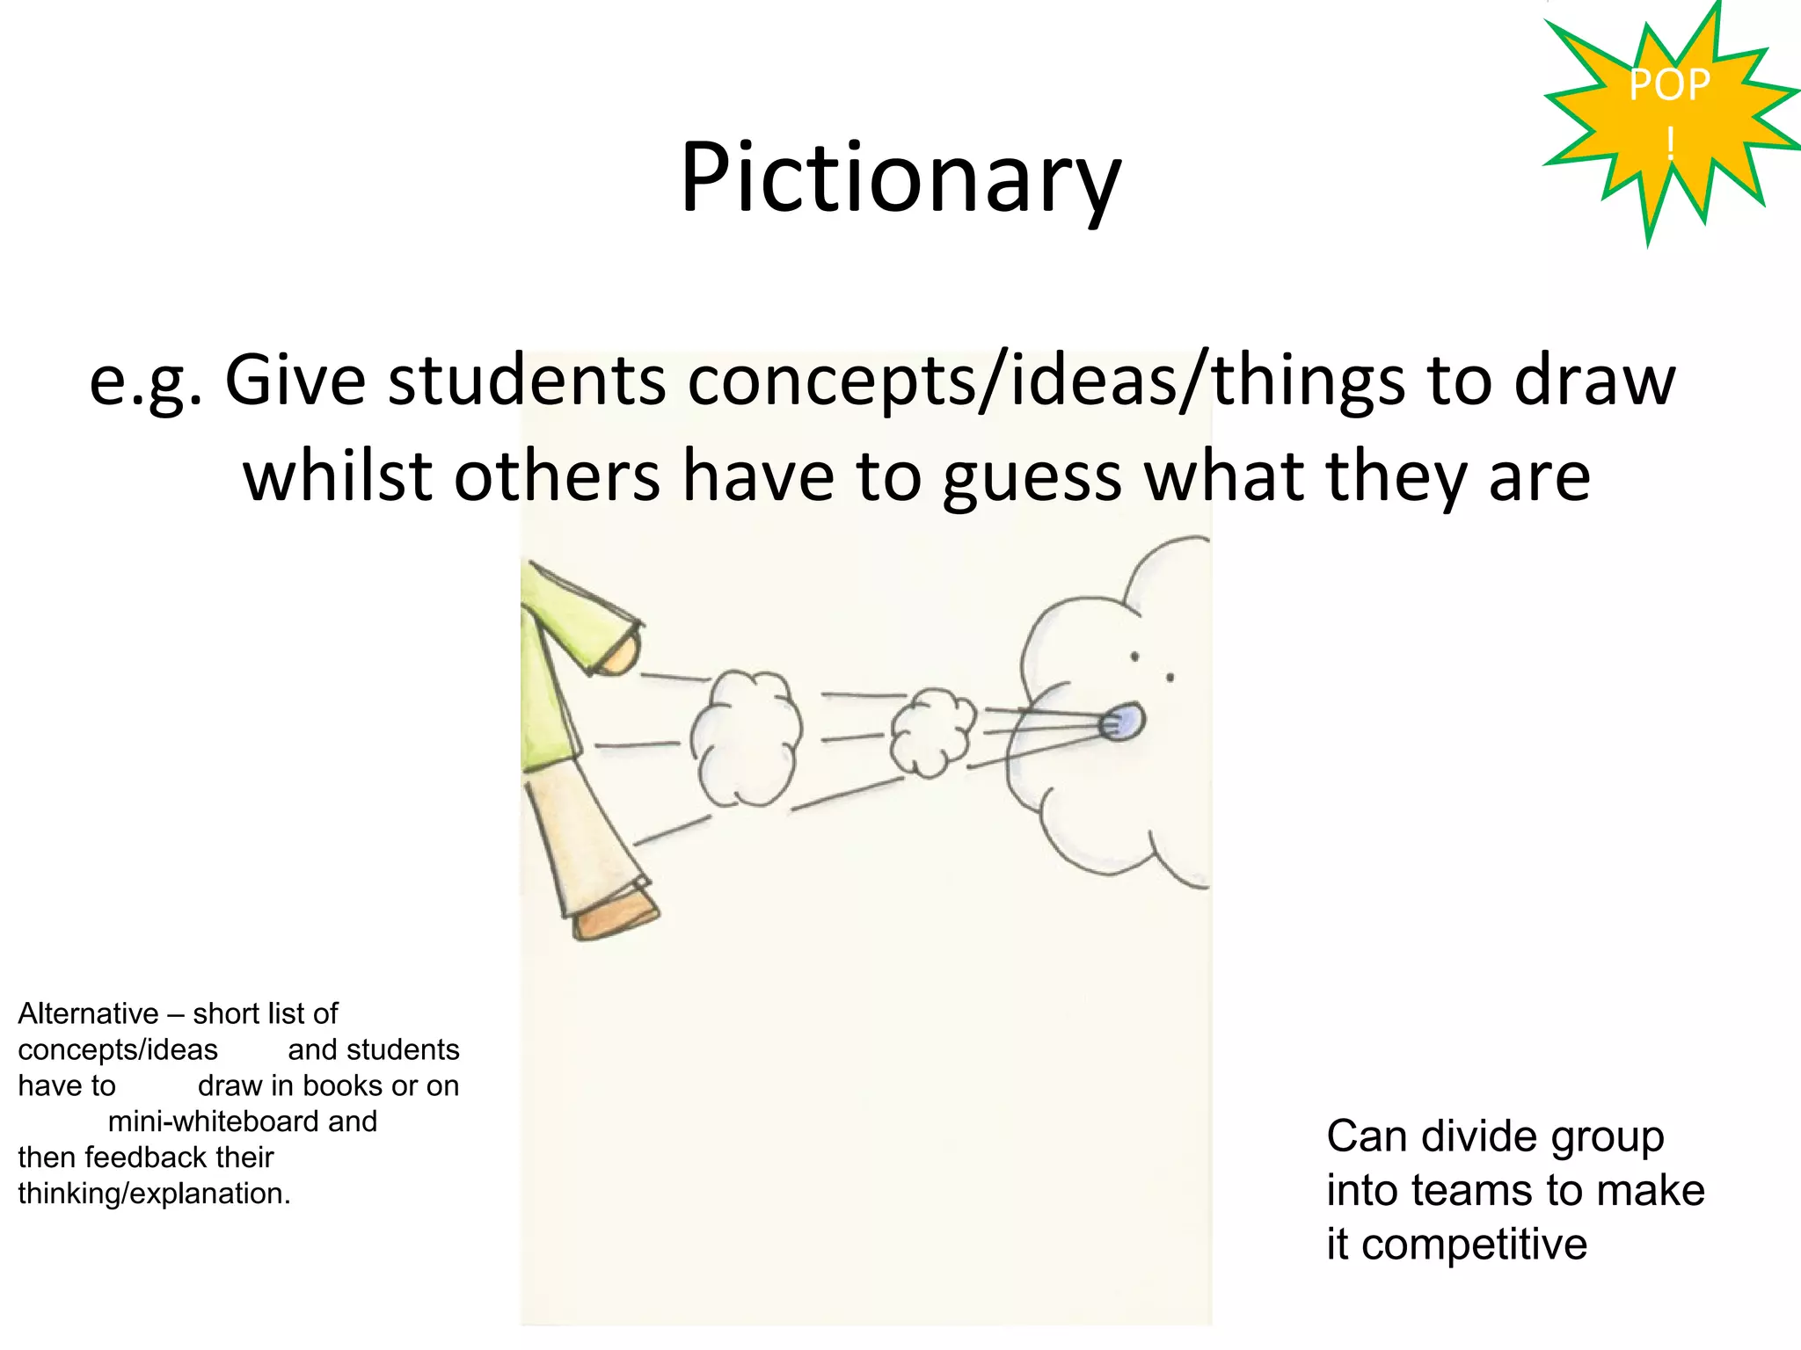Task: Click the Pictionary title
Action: [900, 178]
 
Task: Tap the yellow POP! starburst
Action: [1668, 114]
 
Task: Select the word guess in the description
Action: [1032, 477]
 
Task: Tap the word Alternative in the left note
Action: [88, 1013]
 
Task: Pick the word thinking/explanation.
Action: [153, 1194]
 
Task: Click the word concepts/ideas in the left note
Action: [118, 1049]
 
